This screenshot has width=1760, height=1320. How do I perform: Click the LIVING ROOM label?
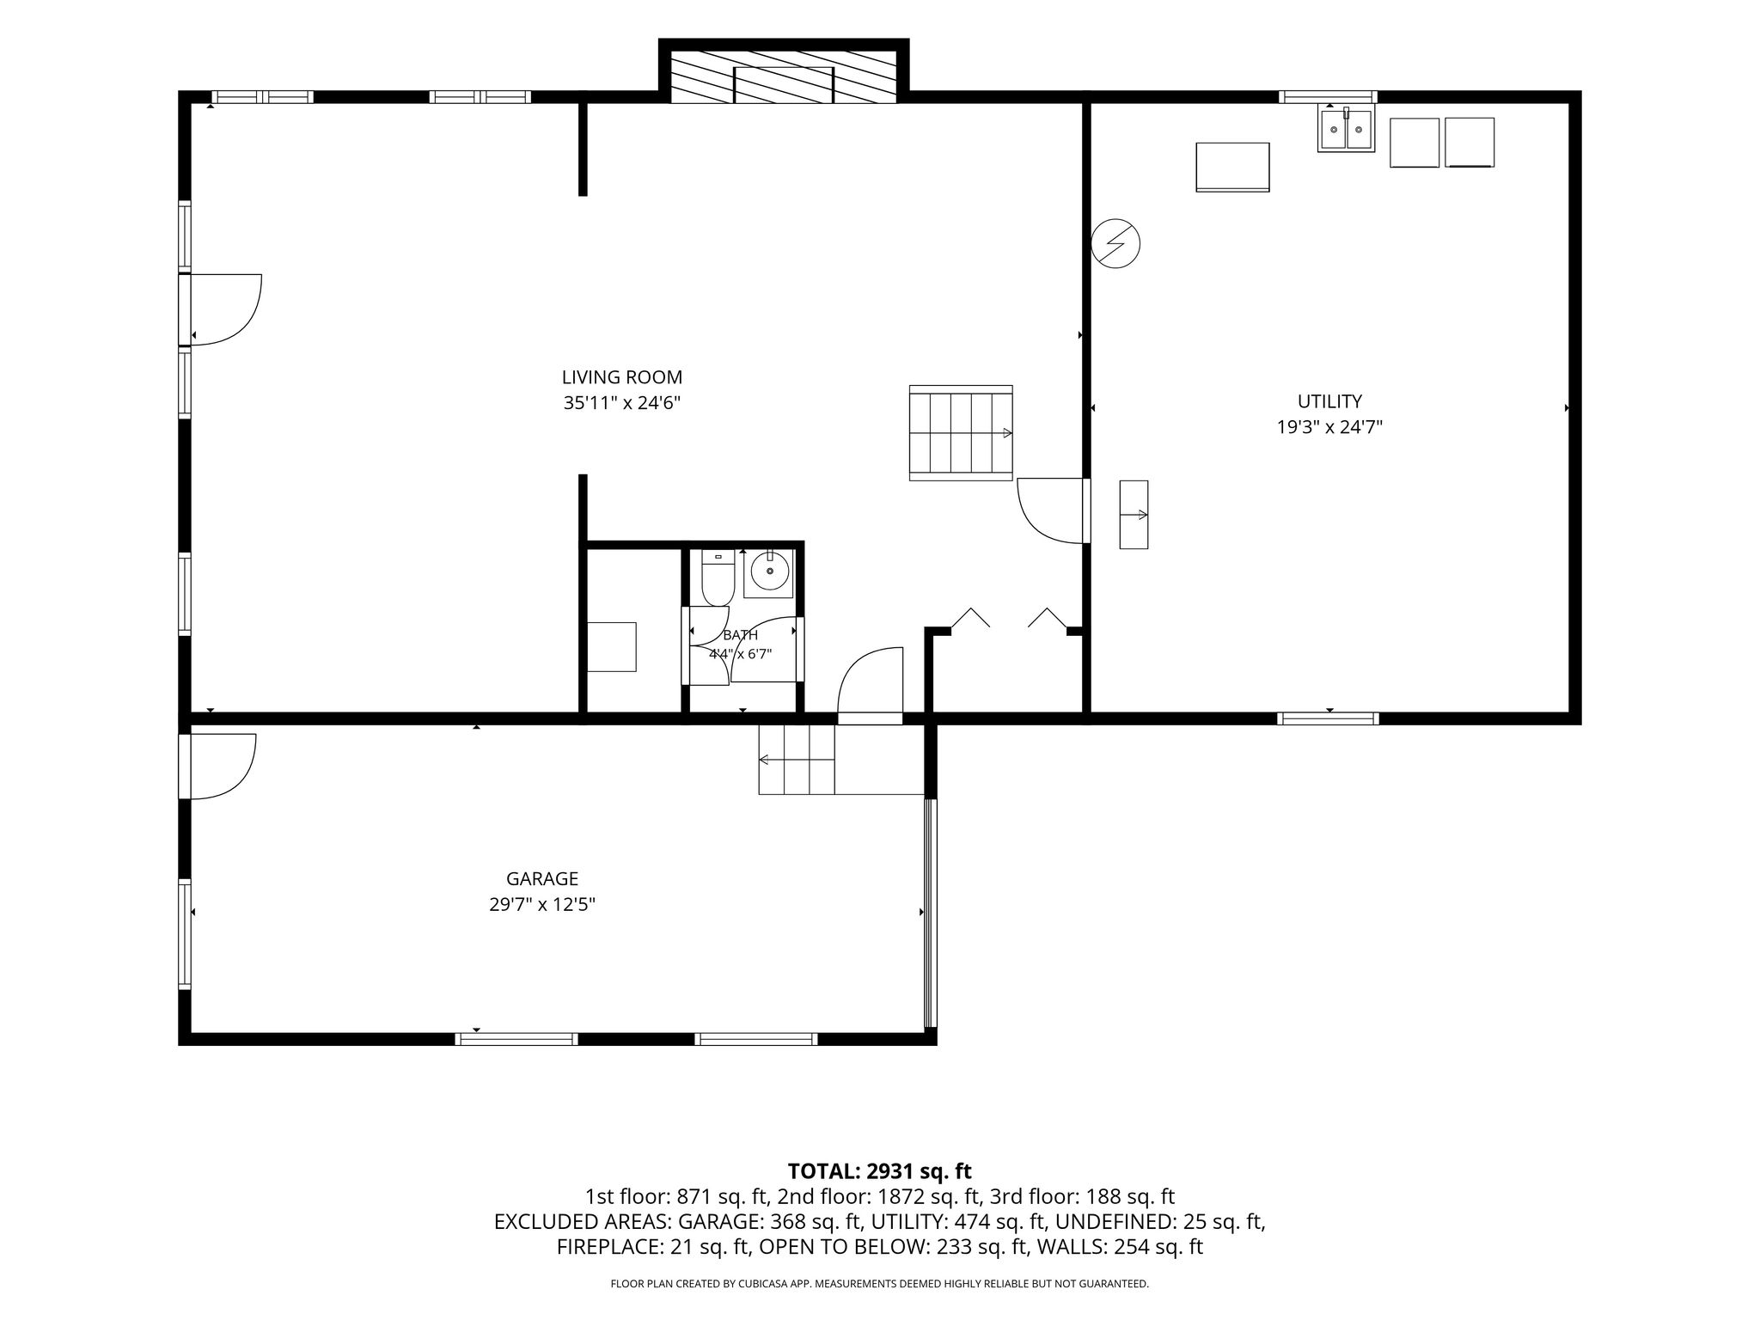point(622,377)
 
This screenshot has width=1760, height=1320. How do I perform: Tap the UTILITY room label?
point(1329,401)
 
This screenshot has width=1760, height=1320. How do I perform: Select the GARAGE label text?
point(542,879)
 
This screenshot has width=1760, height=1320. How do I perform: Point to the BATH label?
point(741,636)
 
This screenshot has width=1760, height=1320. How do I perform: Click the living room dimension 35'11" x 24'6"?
point(622,403)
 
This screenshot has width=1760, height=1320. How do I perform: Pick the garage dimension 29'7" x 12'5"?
point(542,905)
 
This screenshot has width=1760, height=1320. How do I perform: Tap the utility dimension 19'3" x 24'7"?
point(1329,427)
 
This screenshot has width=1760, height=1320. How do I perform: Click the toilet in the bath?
point(718,577)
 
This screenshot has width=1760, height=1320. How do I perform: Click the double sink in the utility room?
point(1346,129)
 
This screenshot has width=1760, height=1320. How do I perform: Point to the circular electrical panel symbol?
point(1115,244)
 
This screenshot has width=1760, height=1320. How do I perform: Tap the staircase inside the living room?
point(961,433)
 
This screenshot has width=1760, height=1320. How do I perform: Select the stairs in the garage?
point(797,760)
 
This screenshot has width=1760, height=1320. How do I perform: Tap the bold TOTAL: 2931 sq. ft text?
point(879,1171)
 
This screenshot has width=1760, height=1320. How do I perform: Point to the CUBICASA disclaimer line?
point(879,1284)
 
